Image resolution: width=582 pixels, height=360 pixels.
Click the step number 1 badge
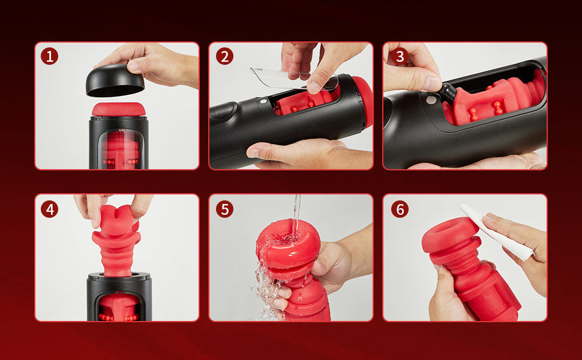[49, 56]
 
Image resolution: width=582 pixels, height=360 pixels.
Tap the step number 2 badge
[224, 56]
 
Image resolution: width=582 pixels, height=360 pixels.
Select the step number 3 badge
[400, 56]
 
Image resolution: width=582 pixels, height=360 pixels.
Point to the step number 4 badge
[49, 209]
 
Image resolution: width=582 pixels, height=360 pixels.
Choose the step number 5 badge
[224, 209]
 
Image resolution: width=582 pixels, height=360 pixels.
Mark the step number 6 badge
[400, 209]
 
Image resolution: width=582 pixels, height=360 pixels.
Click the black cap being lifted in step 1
[115, 81]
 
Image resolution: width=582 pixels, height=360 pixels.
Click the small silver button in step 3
[431, 100]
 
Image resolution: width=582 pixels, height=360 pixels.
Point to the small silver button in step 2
[263, 101]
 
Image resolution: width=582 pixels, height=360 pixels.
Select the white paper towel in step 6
[497, 232]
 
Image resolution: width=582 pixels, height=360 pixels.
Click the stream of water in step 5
[296, 215]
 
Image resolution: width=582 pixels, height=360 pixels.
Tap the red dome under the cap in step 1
[119, 109]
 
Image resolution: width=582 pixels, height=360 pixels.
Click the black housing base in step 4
[119, 296]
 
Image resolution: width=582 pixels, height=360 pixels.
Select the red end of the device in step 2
[363, 101]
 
